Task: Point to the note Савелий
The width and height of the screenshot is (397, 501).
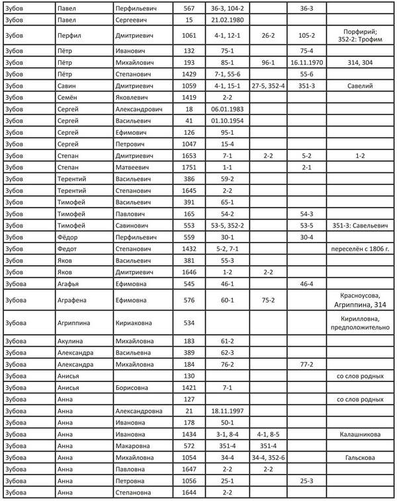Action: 360,85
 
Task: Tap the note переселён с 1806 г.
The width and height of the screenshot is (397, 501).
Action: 360,249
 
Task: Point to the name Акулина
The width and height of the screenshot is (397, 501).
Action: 70,341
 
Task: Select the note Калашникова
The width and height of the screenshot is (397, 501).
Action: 360,436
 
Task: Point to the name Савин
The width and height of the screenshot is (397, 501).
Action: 67,85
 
